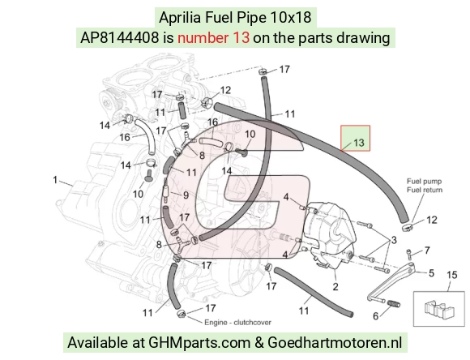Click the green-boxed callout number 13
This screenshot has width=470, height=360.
point(359,143)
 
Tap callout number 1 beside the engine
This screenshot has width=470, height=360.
point(55,180)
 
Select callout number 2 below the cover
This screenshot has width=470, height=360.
point(335,286)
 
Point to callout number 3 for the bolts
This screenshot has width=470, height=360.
point(394,240)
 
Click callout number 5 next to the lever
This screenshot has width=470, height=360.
point(431,273)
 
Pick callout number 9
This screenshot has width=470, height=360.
point(186,195)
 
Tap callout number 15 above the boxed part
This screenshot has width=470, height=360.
point(452,275)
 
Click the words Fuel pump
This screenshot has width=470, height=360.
point(424,181)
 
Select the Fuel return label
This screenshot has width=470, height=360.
point(425,190)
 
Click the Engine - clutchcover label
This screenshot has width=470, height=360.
point(237,323)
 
